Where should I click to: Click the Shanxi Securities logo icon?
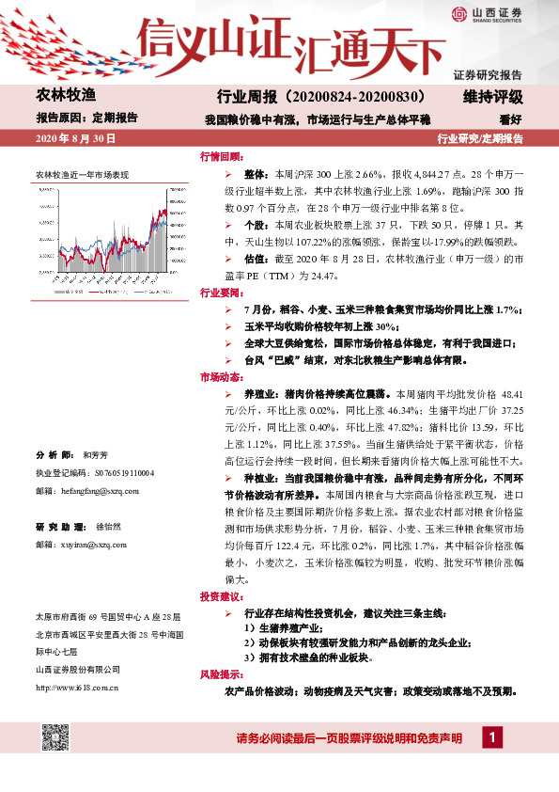click(459, 14)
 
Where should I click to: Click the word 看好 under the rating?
click(510, 119)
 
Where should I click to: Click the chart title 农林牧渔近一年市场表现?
click(82, 175)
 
